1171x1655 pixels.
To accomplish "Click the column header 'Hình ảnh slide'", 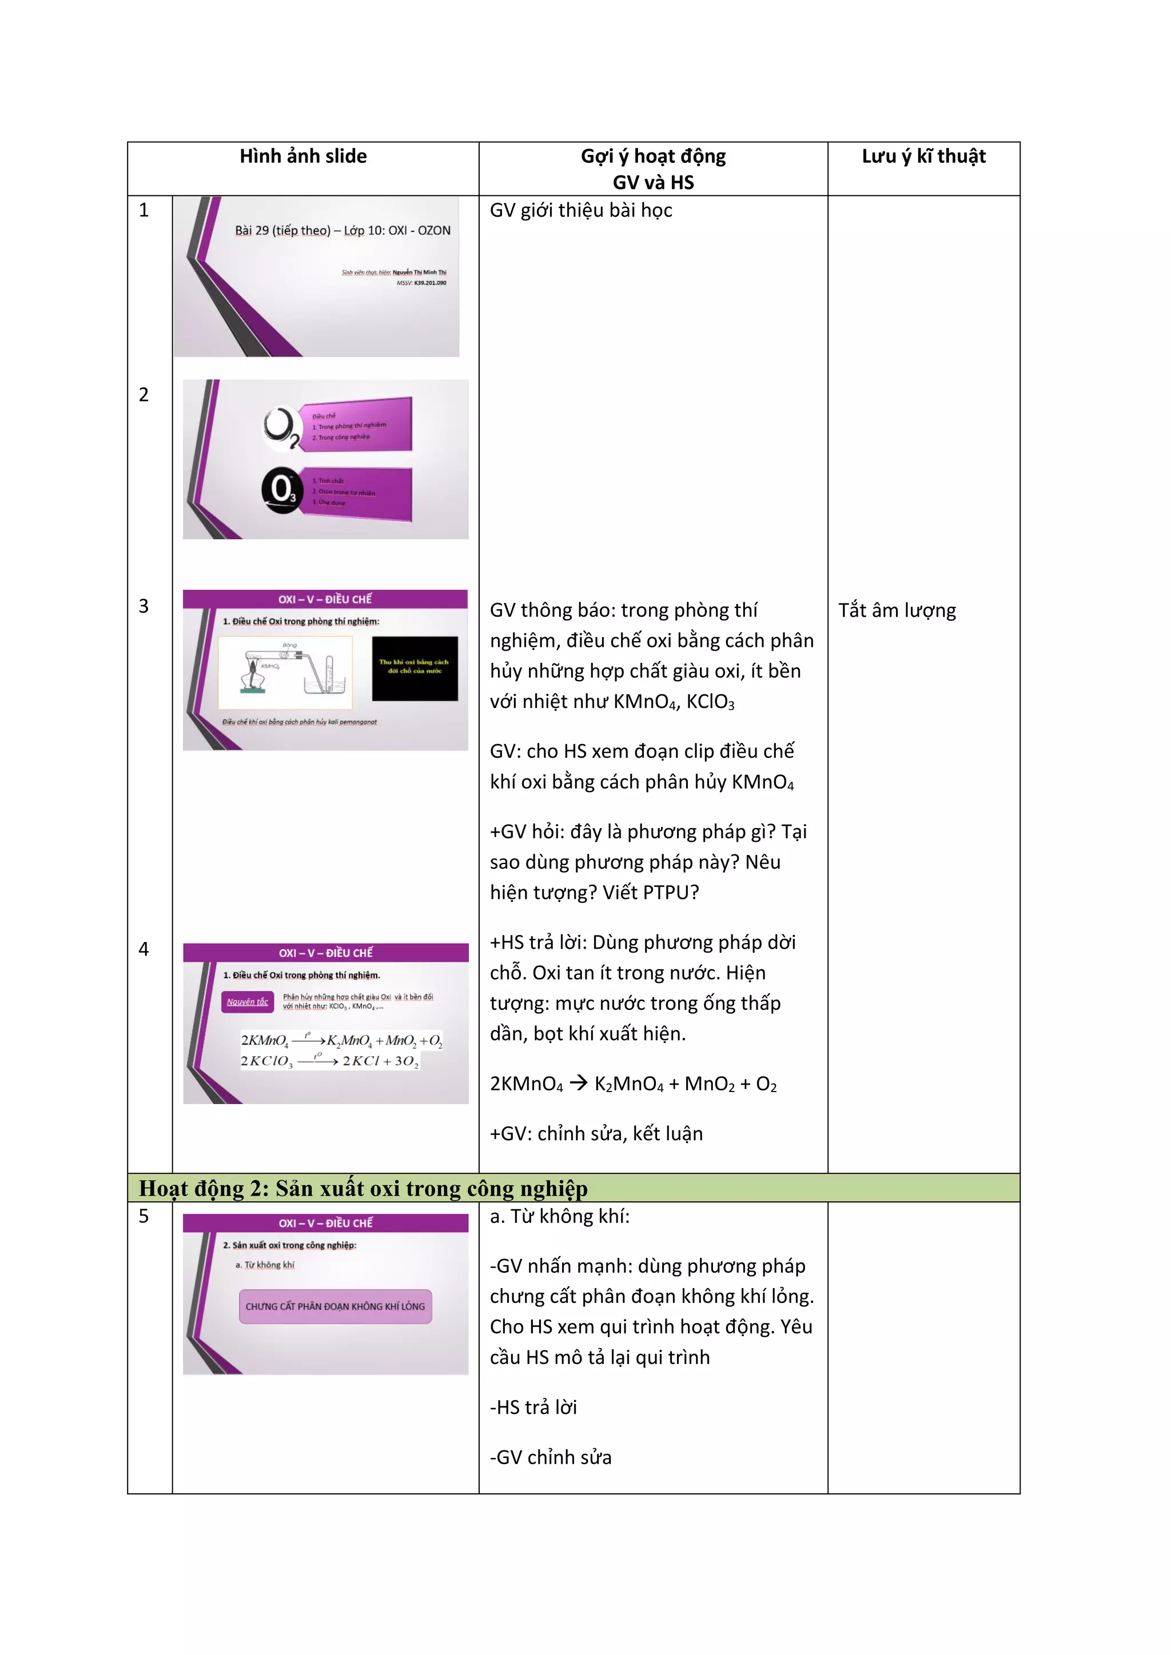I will pyautogui.click(x=303, y=157).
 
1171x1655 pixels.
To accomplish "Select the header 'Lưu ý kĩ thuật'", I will pyautogui.click(x=923, y=157).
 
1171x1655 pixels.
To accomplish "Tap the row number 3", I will pyautogui.click(x=144, y=606).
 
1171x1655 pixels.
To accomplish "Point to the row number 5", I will pyautogui.click(x=144, y=1216).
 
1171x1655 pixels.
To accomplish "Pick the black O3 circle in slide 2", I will pyautogui.click(x=281, y=491).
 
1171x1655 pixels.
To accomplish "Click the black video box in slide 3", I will pyautogui.click(x=415, y=667).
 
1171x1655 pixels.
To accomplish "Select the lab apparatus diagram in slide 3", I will pyautogui.click(x=285, y=672).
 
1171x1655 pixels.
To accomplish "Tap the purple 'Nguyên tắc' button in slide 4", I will pyautogui.click(x=248, y=1001).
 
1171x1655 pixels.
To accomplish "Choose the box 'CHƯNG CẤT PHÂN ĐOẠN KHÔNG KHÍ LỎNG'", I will pyautogui.click(x=335, y=1306).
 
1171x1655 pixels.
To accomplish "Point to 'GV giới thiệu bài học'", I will pyautogui.click(x=580, y=210).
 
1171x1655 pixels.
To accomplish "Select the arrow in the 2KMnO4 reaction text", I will pyautogui.click(x=578, y=1084).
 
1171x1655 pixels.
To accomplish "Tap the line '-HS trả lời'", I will pyautogui.click(x=533, y=1407).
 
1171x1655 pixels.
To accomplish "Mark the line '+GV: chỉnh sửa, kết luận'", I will pyautogui.click(x=596, y=1133).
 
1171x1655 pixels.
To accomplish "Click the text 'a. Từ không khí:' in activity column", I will pyautogui.click(x=560, y=1216).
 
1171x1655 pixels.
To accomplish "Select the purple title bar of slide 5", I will pyautogui.click(x=325, y=1222).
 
